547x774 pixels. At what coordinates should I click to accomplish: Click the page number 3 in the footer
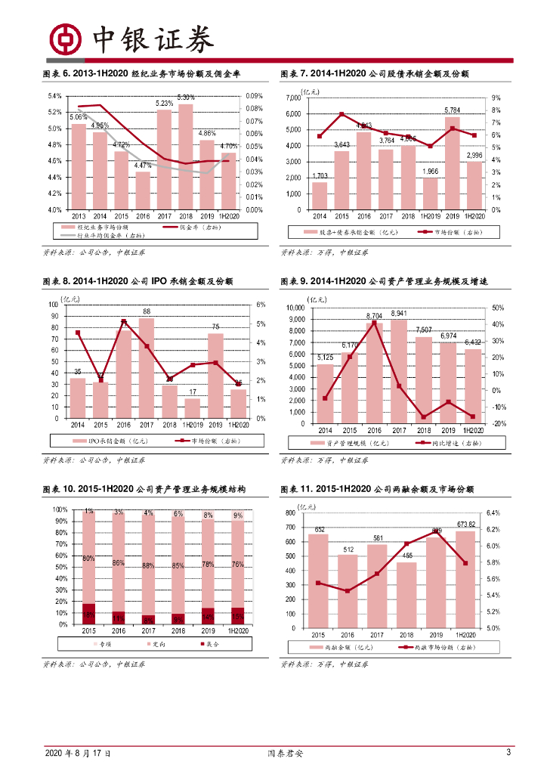tap(509, 752)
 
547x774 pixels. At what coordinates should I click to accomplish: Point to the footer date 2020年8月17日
tap(78, 754)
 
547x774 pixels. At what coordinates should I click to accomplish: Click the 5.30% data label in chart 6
tap(186, 97)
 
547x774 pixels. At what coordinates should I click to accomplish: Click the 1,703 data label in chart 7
tap(320, 176)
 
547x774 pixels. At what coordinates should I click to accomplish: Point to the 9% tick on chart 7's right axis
tap(496, 98)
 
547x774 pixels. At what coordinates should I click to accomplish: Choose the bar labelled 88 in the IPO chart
tap(147, 367)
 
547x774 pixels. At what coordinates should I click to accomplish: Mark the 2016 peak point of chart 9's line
tap(373, 323)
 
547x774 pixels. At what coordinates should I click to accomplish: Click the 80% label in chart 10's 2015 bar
tap(88, 558)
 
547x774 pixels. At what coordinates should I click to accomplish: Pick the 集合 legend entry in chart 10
tap(207, 644)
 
